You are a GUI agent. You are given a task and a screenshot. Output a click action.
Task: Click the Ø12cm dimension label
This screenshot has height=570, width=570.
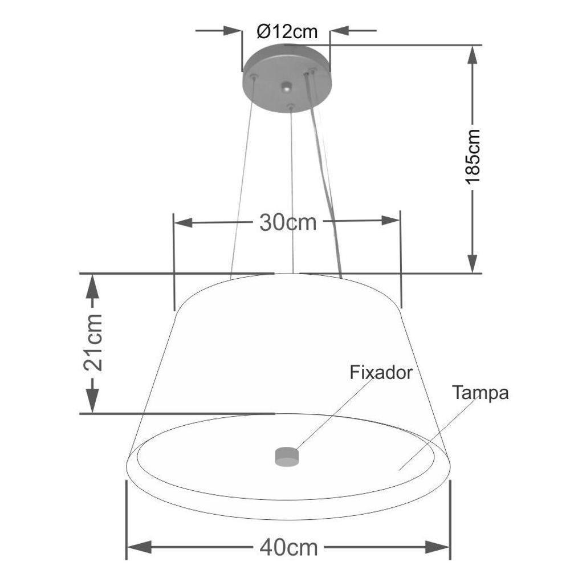pos(286,31)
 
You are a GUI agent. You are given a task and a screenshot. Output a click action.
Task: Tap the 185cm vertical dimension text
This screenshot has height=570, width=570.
pos(473,156)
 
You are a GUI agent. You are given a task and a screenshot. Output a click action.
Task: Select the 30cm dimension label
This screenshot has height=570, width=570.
pos(287,222)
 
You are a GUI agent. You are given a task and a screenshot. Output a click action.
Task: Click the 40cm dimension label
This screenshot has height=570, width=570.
pos(288,548)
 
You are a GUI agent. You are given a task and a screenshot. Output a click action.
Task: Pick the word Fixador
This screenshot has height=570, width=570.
pos(380,373)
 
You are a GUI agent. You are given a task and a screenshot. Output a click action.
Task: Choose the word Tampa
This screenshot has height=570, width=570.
pos(480,393)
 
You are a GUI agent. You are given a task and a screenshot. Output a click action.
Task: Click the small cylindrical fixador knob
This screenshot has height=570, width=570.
pos(287,455)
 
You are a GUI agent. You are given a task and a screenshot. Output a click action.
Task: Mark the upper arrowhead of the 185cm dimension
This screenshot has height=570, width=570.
pos(473,55)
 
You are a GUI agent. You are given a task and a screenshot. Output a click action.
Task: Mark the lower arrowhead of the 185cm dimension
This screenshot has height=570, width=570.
pos(473,263)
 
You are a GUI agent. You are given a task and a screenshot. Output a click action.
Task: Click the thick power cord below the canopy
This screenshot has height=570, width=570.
pos(326,182)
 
